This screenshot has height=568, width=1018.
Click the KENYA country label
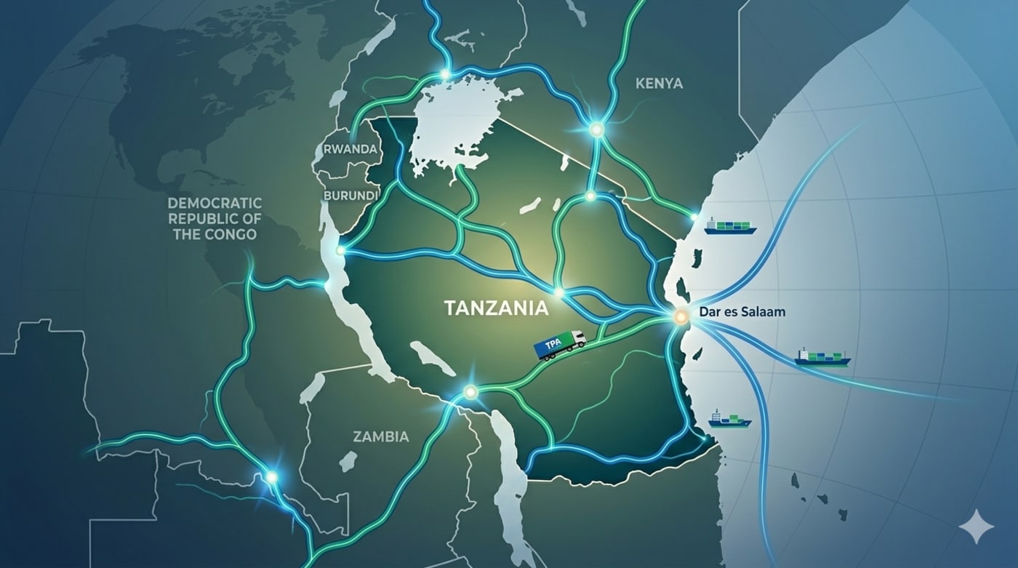pyautogui.click(x=659, y=84)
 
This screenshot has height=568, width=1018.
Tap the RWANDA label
pyautogui.click(x=350, y=149)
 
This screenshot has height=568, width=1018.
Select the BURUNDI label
pyautogui.click(x=351, y=196)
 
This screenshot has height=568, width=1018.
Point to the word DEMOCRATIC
pyautogui.click(x=215, y=202)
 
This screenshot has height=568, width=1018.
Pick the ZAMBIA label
pyautogui.click(x=380, y=437)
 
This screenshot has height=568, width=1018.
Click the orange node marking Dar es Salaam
pyautogui.click(x=681, y=316)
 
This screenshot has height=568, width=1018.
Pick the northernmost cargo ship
pyautogui.click(x=730, y=227)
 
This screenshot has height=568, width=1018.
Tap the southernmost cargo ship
pyautogui.click(x=729, y=420)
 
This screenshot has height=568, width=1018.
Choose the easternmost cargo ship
pyautogui.click(x=822, y=357)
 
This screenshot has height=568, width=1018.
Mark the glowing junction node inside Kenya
pyautogui.click(x=597, y=129)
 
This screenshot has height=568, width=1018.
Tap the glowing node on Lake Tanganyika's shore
pyautogui.click(x=340, y=251)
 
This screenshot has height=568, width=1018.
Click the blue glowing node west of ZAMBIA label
pyautogui.click(x=272, y=477)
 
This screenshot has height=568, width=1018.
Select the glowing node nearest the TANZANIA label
pyautogui.click(x=558, y=292)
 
